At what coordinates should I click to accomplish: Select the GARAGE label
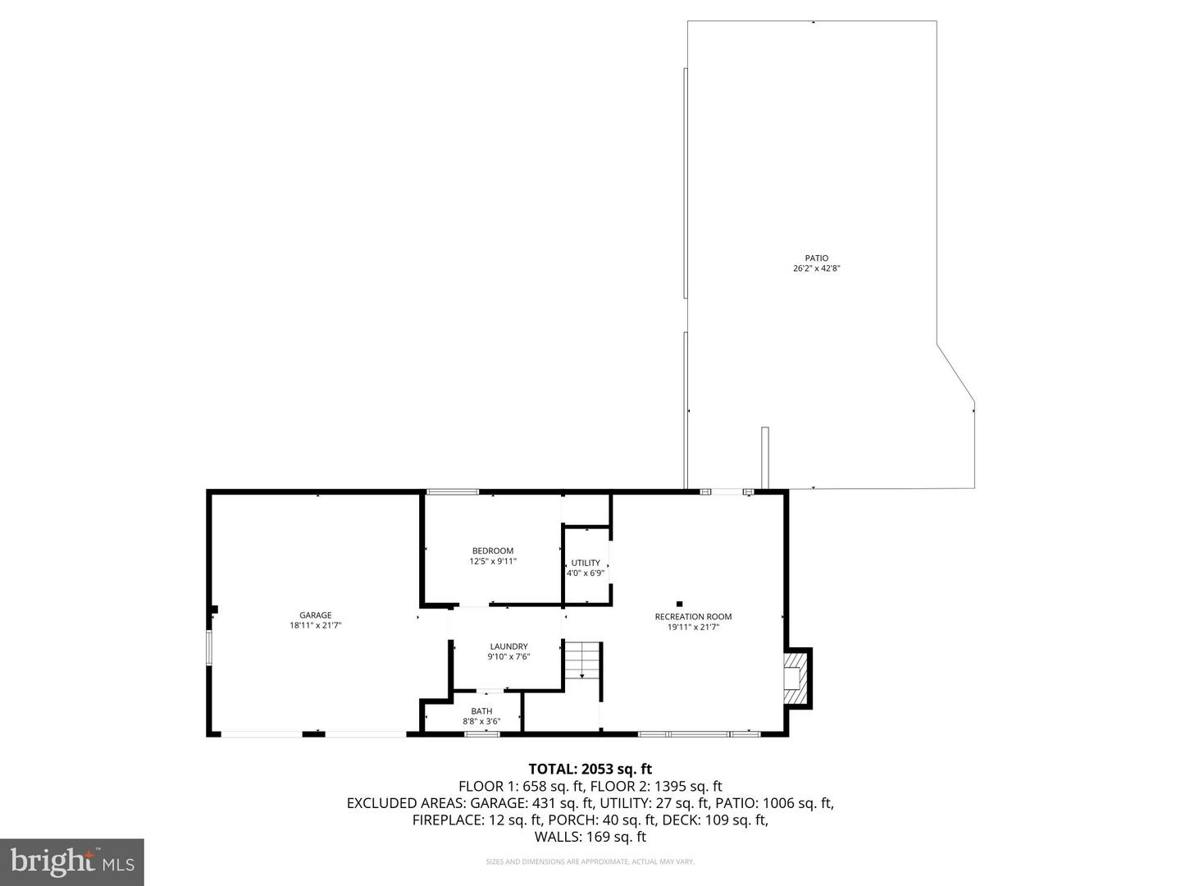tap(315, 615)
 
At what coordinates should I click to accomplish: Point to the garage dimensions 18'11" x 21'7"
tap(315, 625)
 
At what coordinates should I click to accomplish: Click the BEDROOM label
tap(493, 551)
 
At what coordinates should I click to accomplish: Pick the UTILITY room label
tap(586, 563)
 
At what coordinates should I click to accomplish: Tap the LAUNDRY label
tap(508, 646)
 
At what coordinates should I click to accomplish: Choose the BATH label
tap(481, 711)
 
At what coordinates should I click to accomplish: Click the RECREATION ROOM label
tap(693, 617)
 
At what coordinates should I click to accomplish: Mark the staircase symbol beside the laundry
tap(582, 659)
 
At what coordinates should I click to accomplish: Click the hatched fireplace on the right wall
tap(796, 678)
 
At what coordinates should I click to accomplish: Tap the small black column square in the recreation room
tap(679, 605)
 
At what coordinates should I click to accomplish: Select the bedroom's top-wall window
tap(452, 491)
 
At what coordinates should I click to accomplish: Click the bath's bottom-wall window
tap(481, 733)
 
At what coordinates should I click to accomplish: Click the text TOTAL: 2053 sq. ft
tap(590, 770)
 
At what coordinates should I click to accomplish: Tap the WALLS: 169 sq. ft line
tap(590, 837)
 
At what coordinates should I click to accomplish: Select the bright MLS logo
tap(72, 861)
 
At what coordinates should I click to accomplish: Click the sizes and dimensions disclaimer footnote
tap(590, 861)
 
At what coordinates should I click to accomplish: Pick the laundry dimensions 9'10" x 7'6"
tap(508, 656)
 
